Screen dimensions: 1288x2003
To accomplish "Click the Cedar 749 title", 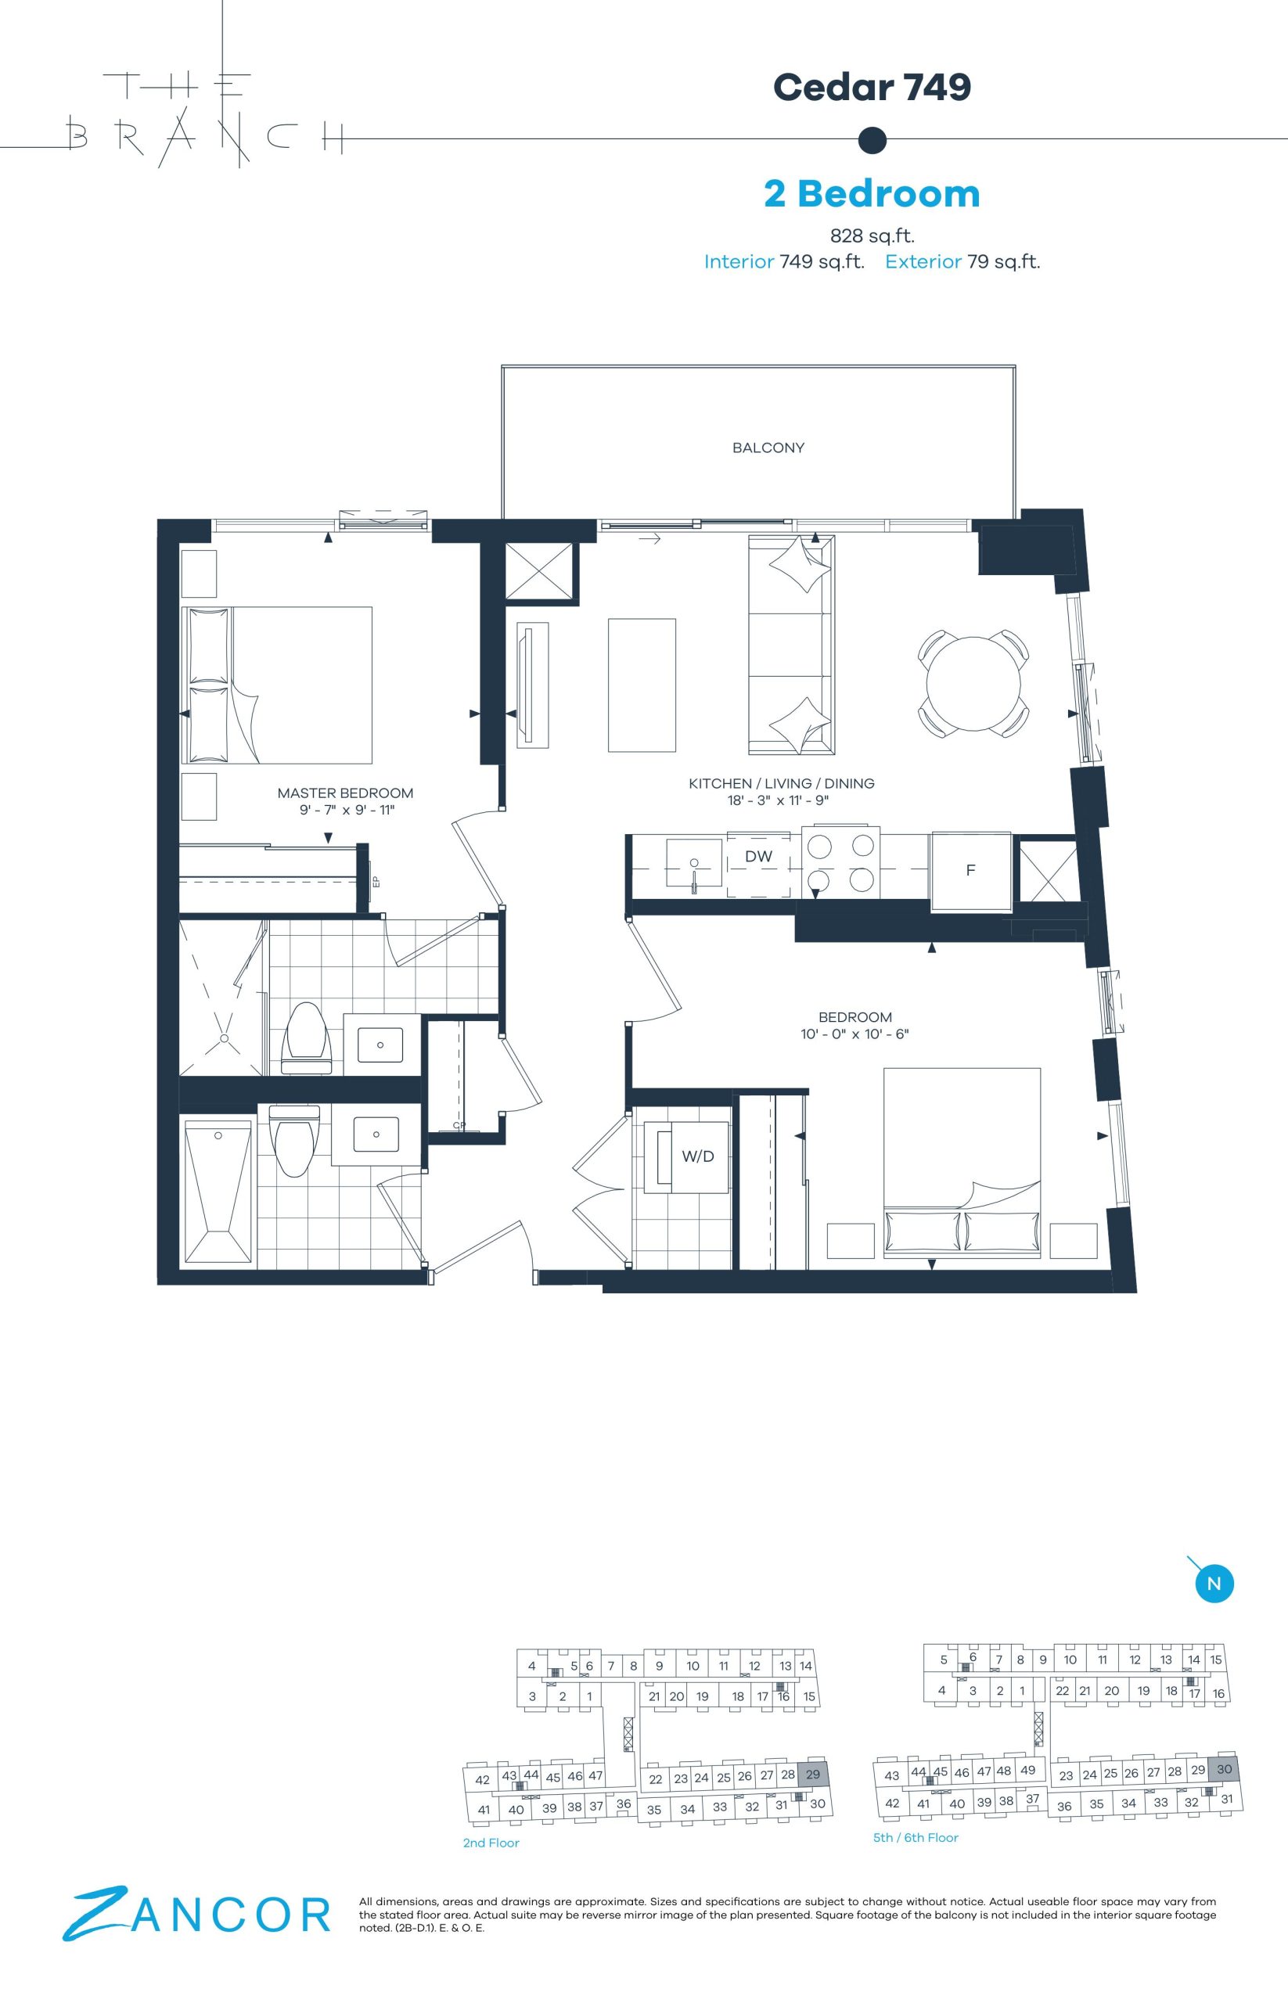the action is pyautogui.click(x=872, y=86).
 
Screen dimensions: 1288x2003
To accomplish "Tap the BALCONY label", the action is pyautogui.click(x=768, y=448).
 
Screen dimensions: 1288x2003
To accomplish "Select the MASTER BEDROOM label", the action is pyautogui.click(x=345, y=793).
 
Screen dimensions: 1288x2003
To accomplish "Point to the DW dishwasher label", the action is pyautogui.click(x=758, y=857).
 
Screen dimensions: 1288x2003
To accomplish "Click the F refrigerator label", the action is pyautogui.click(x=970, y=870).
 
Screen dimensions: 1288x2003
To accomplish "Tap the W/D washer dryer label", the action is pyautogui.click(x=697, y=1156).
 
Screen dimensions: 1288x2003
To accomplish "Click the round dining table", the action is pyautogui.click(x=973, y=683).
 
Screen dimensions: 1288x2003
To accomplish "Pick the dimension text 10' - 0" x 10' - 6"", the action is pyautogui.click(x=854, y=1034).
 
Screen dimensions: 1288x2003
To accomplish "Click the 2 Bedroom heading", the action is pyautogui.click(x=872, y=193).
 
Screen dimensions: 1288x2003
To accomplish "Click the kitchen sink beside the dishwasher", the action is pyautogui.click(x=694, y=863).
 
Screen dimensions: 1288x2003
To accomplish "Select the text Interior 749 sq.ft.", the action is pyautogui.click(x=783, y=262).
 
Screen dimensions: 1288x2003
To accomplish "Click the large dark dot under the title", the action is pyautogui.click(x=872, y=140).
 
